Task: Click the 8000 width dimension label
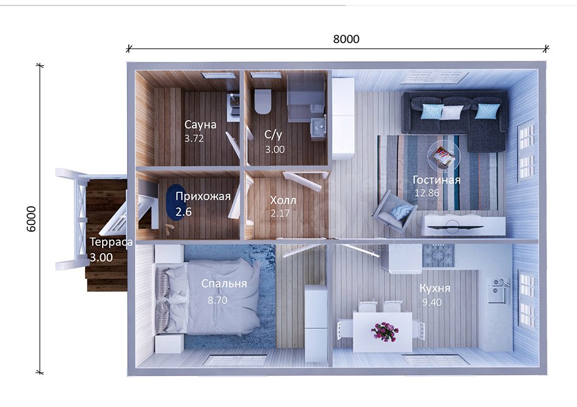point(346,39)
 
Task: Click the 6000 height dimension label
point(31,219)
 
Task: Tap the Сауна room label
point(200,124)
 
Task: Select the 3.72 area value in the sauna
point(194,138)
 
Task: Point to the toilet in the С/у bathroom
point(263,101)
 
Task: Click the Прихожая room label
point(203,197)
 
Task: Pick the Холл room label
point(283,200)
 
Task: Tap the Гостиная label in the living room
point(436,180)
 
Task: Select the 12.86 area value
point(427,193)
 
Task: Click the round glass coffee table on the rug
point(443,155)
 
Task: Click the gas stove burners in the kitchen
point(439,255)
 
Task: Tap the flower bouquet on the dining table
point(384,331)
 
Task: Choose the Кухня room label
point(435,288)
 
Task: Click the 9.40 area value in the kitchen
point(432,302)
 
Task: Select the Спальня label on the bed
point(224,284)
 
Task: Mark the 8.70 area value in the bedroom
point(217,300)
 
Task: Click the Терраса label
point(111,242)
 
